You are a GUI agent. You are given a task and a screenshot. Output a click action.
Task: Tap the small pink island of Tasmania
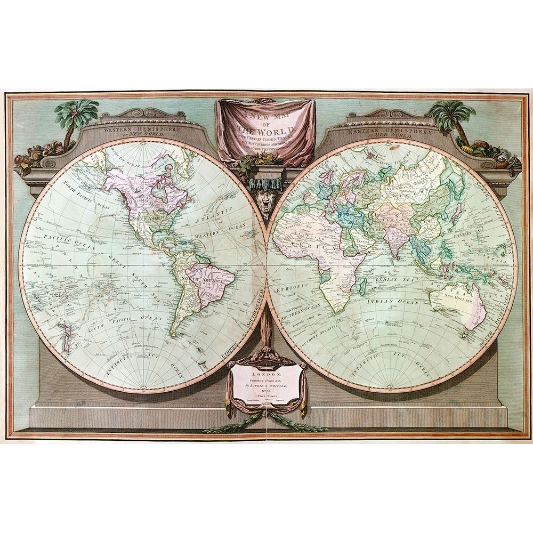464,335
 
